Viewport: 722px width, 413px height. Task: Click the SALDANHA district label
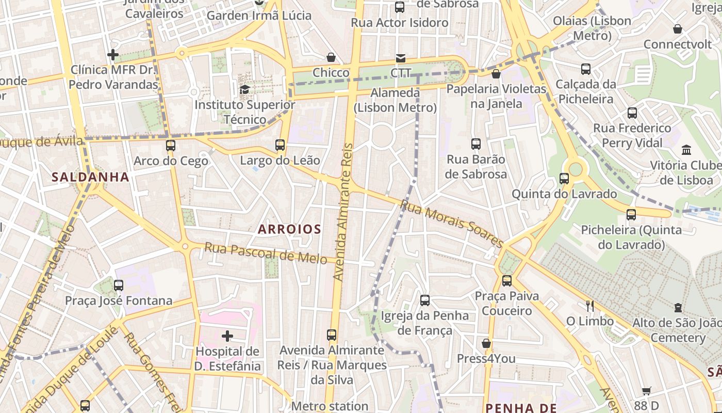point(90,177)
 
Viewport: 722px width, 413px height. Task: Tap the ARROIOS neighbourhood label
point(289,229)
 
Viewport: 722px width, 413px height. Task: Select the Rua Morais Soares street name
point(451,224)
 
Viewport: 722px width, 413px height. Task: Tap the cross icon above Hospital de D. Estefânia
point(227,336)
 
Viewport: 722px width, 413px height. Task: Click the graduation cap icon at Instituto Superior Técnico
point(244,89)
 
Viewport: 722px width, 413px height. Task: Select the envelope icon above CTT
point(401,58)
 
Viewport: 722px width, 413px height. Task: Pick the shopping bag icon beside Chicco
point(331,57)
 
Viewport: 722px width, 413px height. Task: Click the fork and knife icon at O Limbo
point(590,306)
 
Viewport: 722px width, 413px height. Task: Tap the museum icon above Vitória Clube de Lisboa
point(686,150)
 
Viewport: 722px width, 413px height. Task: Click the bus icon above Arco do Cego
point(171,146)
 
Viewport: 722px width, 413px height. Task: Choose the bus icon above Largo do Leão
point(280,145)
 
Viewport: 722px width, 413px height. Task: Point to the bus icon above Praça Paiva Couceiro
point(507,281)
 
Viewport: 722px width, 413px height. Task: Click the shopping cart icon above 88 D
point(647,391)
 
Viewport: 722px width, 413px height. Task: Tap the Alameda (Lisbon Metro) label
point(395,100)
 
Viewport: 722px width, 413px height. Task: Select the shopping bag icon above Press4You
point(486,343)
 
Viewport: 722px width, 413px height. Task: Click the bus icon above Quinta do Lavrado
point(564,179)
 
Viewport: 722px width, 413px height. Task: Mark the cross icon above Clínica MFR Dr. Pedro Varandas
point(113,54)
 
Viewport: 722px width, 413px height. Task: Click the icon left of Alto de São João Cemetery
point(678,308)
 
